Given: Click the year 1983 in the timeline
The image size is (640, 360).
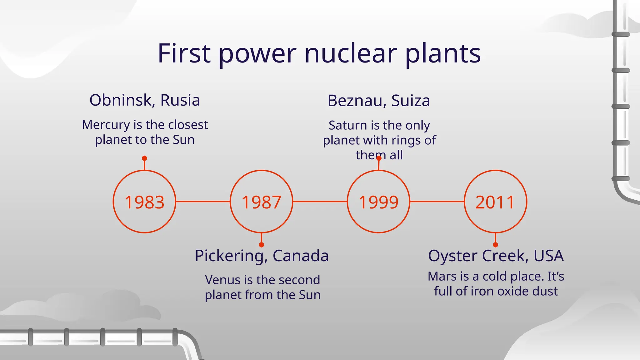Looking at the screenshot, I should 144,202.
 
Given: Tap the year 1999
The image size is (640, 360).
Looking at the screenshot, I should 378,202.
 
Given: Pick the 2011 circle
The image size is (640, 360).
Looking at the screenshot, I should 495,202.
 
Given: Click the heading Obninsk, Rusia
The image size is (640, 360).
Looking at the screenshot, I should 145,100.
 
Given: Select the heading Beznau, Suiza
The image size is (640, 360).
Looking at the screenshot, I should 379,101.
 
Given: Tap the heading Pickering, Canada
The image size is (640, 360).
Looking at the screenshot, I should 262,256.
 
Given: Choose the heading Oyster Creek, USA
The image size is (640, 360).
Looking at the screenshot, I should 496,256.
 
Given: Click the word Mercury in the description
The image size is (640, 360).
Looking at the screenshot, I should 106,125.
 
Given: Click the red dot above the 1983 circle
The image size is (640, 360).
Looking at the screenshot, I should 144,158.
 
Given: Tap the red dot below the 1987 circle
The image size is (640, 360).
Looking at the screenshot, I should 262,245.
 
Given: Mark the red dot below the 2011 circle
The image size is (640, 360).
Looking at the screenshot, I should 495,245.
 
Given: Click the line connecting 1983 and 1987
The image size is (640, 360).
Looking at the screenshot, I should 203,202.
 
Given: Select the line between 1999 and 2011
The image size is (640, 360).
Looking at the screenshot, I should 437,202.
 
